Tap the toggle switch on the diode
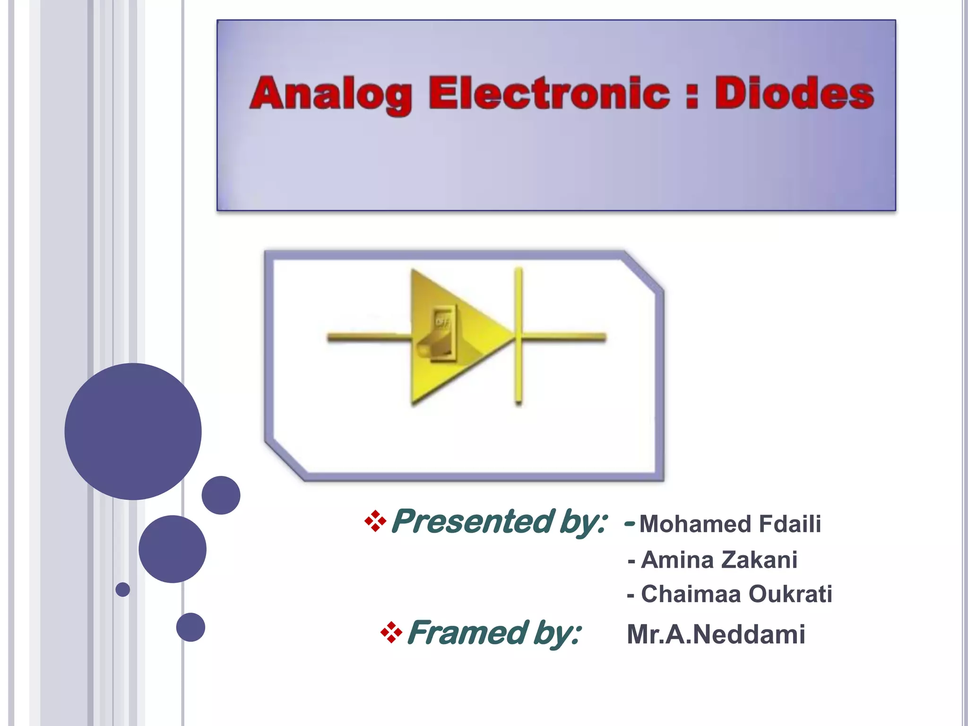coord(440,334)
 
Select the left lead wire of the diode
coord(369,337)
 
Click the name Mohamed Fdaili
coord(730,524)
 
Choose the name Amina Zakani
coord(719,560)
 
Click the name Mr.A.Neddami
coord(716,634)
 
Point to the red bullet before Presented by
coord(375,521)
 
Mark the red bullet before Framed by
coord(391,632)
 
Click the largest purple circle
coord(133,431)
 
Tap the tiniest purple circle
coord(122,589)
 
